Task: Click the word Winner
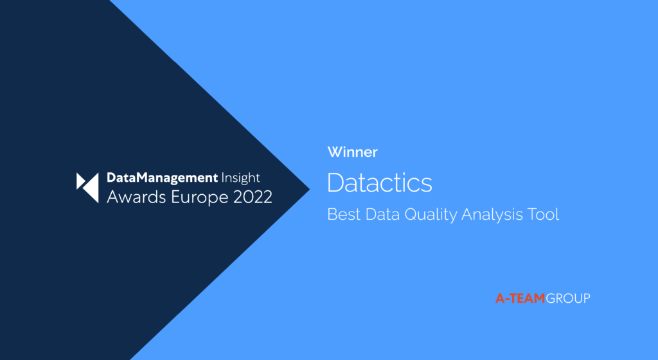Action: click(x=353, y=152)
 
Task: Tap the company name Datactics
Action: click(x=379, y=183)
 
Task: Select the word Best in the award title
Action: click(x=344, y=215)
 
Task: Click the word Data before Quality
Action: click(x=382, y=215)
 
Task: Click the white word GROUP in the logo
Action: click(x=568, y=298)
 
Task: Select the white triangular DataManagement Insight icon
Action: click(x=87, y=188)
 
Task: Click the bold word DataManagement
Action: click(x=162, y=178)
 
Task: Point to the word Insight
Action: click(x=240, y=178)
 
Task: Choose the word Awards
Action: click(x=136, y=197)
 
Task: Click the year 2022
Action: click(x=253, y=197)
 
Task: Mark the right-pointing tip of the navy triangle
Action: click(x=310, y=189)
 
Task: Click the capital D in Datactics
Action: click(x=335, y=183)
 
